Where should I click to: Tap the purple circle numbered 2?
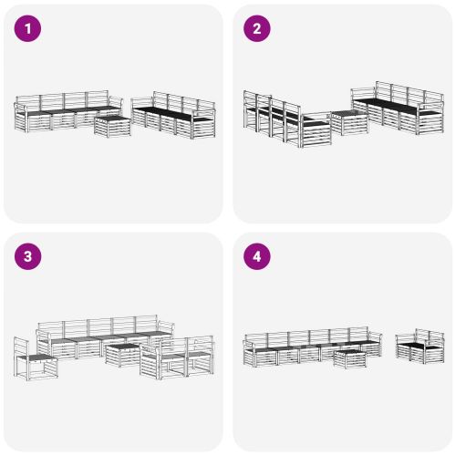(x=256, y=28)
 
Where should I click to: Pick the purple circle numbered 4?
(x=256, y=256)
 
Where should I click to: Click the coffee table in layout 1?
(x=112, y=126)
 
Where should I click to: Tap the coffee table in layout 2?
(x=348, y=122)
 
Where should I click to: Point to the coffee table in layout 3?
(x=122, y=354)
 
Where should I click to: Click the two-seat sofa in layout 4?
(x=420, y=347)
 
